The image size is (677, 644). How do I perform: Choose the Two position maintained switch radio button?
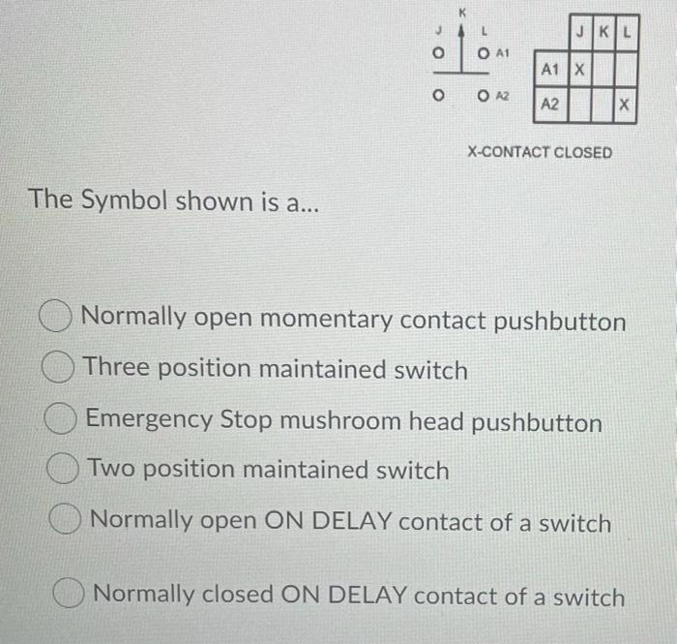[64, 472]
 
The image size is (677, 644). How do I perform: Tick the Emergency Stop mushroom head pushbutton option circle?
[63, 421]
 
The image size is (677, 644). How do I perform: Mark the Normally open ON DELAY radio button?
[68, 522]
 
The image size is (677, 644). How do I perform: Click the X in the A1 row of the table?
[580, 69]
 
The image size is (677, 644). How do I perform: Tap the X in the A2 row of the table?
[625, 104]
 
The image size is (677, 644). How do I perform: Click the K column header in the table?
[603, 33]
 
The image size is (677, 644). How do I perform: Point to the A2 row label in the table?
[549, 104]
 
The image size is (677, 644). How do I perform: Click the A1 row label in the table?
[549, 69]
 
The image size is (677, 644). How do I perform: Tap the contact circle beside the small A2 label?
[483, 96]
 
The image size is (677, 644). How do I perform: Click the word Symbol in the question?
[125, 200]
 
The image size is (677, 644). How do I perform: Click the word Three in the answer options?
[115, 369]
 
